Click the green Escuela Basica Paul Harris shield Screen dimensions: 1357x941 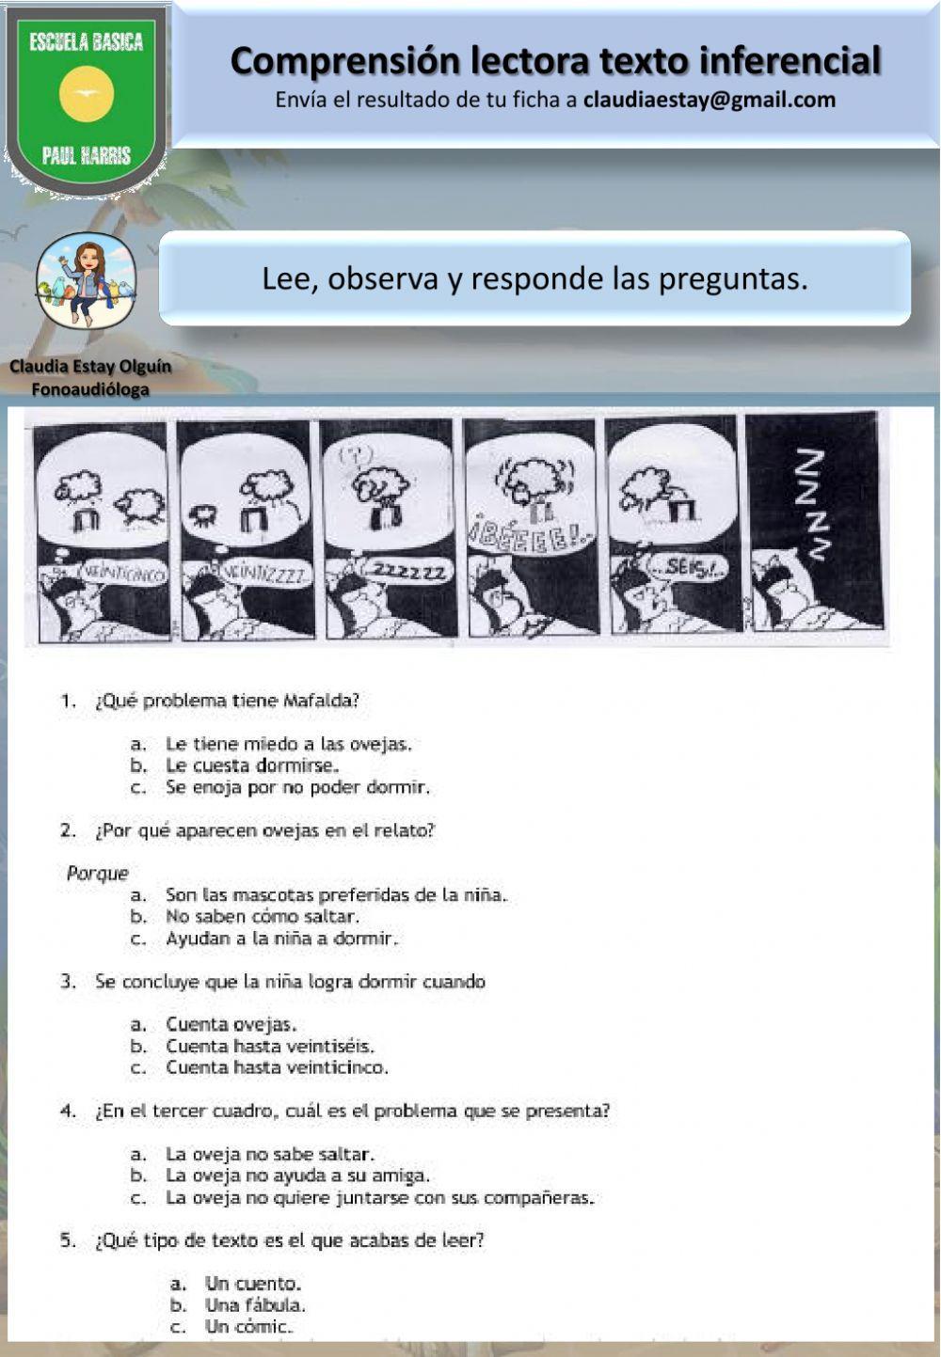pyautogui.click(x=87, y=99)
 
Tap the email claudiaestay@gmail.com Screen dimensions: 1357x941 pyautogui.click(x=709, y=100)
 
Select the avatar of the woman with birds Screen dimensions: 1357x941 pyautogui.click(x=86, y=281)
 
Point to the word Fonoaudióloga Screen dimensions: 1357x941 pyautogui.click(x=90, y=389)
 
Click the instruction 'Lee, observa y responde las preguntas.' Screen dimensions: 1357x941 pyautogui.click(x=534, y=278)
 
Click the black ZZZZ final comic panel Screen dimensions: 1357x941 pyautogui.click(x=814, y=523)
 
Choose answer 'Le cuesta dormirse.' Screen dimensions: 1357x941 pyautogui.click(x=251, y=765)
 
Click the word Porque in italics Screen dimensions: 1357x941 pyautogui.click(x=97, y=873)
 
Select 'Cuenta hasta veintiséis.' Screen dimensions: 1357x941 pyautogui.click(x=270, y=1046)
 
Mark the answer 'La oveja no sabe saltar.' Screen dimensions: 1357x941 pyautogui.click(x=270, y=1154)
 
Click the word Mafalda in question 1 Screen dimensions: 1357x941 pyautogui.click(x=325, y=701)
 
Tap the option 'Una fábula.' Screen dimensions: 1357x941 pyautogui.click(x=255, y=1305)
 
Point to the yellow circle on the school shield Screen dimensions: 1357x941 pyautogui.click(x=87, y=93)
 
